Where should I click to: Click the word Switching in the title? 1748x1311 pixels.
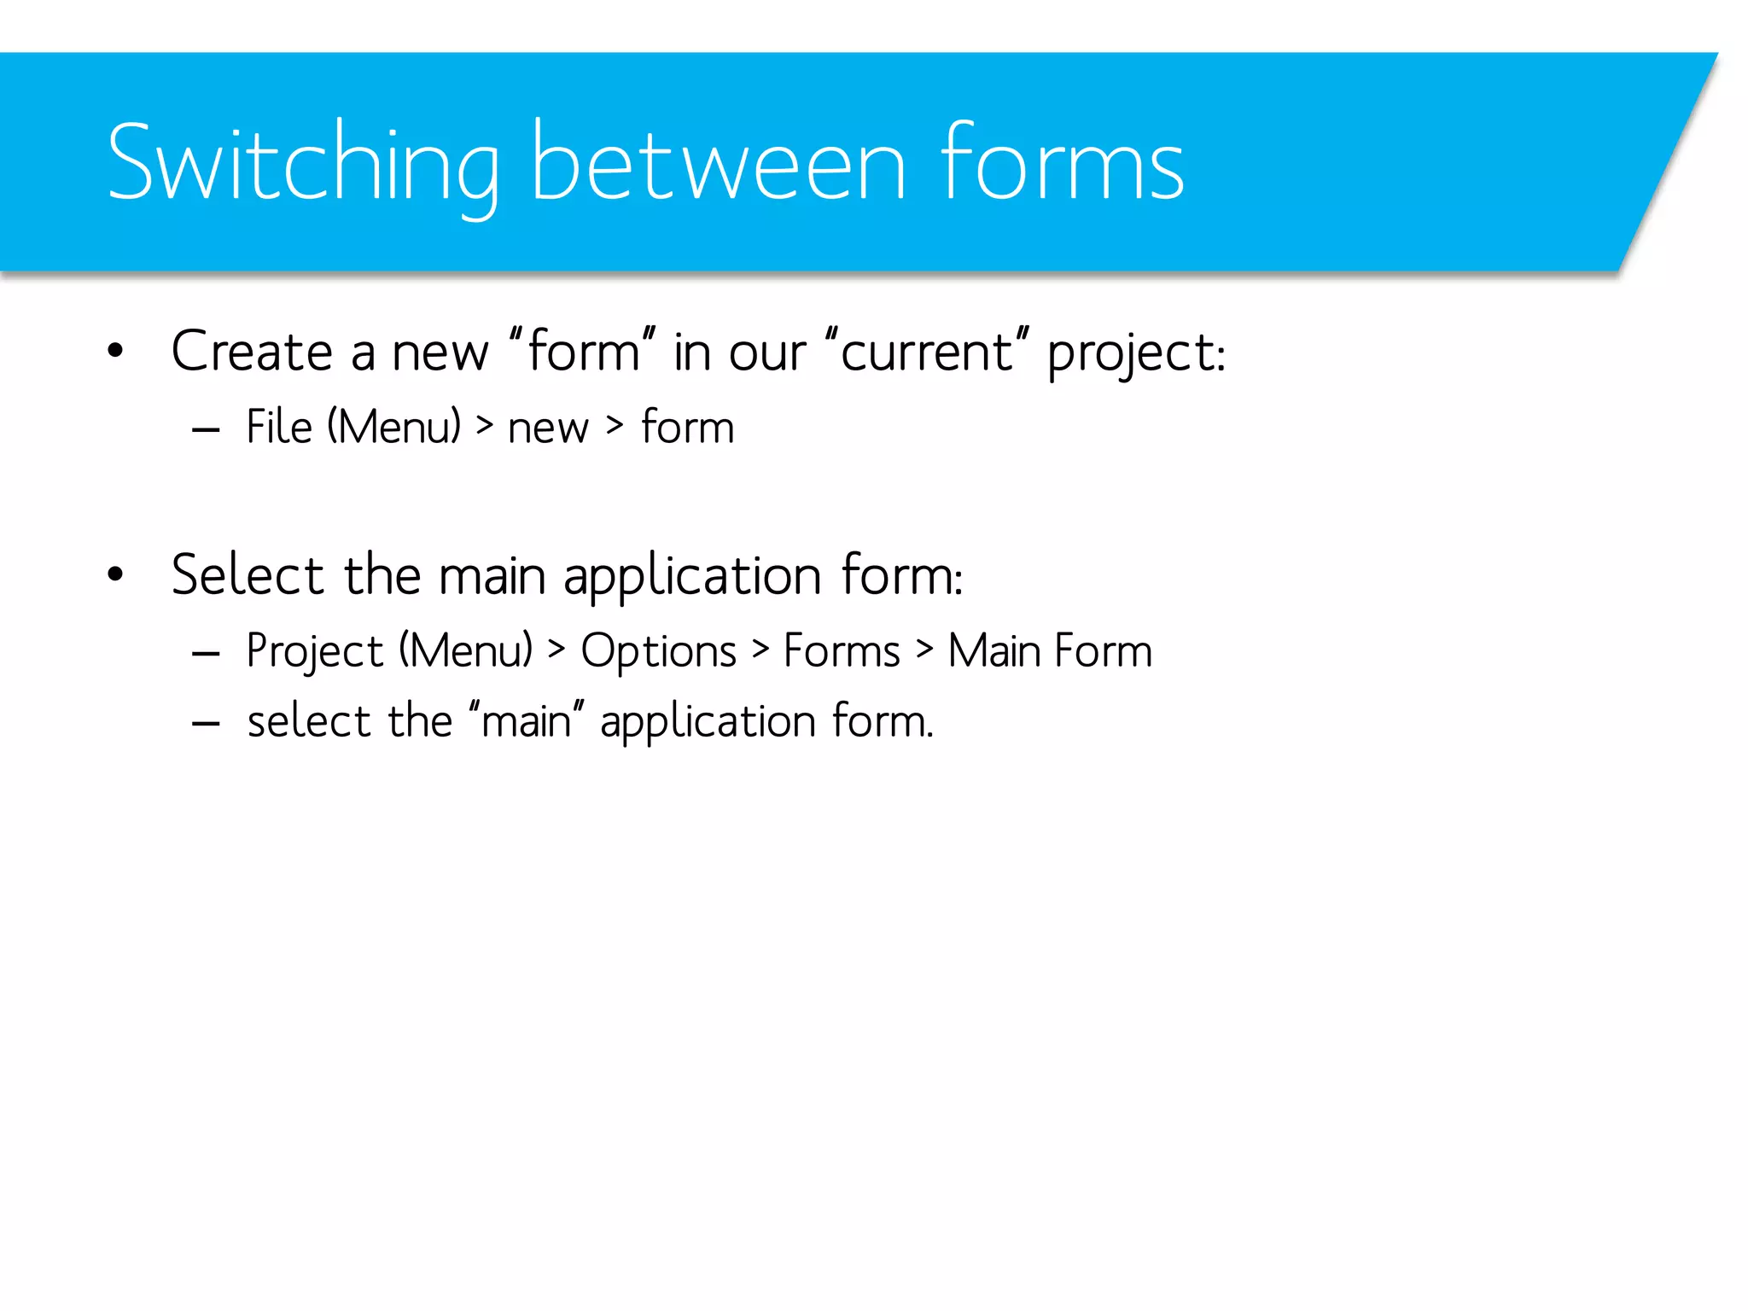coord(303,164)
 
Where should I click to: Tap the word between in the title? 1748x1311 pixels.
coord(717,164)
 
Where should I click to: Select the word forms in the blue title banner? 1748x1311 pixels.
coord(1062,164)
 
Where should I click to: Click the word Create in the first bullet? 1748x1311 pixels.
coord(252,351)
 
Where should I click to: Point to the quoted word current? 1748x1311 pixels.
coord(927,351)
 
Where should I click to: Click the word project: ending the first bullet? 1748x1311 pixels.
coord(1136,353)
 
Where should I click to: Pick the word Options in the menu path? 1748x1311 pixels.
coord(658,650)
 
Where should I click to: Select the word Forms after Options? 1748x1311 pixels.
coord(842,650)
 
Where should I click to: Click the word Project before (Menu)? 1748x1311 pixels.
coord(315,652)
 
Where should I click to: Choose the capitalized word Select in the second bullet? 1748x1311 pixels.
coord(248,574)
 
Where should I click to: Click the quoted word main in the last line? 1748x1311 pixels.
coord(526,721)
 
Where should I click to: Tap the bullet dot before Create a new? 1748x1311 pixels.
coord(115,351)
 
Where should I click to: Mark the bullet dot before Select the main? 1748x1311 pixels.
coord(115,574)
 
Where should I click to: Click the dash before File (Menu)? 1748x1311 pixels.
coord(207,429)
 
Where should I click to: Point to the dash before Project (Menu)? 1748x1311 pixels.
coord(207,654)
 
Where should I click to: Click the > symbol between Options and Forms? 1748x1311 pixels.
coord(760,649)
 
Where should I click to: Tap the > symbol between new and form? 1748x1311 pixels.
coord(615,424)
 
